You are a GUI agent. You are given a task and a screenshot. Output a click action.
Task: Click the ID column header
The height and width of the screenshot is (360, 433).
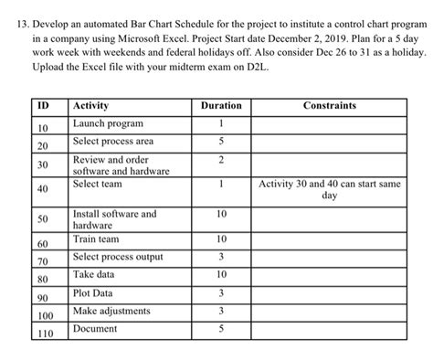[42, 106]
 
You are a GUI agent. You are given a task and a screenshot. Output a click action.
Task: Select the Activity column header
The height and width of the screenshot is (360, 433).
[90, 106]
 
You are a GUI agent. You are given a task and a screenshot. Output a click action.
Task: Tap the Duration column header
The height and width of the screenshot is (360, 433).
[221, 106]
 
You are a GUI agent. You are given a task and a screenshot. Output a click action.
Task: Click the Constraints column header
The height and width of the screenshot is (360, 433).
[330, 106]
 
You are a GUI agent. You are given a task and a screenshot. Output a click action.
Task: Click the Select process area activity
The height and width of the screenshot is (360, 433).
[112, 141]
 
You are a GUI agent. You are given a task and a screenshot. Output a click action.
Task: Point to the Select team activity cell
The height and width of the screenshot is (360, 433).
[97, 184]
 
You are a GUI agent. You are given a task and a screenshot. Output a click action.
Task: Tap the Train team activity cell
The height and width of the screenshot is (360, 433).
[96, 238]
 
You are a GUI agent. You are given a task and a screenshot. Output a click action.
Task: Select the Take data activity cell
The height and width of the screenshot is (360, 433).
[94, 273]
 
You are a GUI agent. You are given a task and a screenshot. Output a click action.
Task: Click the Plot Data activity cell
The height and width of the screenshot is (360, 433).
[93, 292]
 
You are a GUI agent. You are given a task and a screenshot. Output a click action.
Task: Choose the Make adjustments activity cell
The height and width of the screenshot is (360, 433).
[111, 311]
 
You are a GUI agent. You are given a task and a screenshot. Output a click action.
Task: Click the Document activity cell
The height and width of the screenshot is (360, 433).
[94, 328]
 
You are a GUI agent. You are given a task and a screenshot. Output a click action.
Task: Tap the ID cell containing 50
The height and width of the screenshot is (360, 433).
[42, 220]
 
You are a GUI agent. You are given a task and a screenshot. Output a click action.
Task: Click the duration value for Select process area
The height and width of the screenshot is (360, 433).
[221, 141]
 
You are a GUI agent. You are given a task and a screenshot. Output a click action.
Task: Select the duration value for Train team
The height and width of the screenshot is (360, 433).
[221, 238]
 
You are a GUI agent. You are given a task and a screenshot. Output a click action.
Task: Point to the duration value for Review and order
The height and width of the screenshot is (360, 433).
[221, 160]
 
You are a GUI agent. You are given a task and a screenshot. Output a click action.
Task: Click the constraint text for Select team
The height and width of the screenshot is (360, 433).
[330, 189]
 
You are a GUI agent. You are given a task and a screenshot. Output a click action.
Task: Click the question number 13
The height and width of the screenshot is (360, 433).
[16, 22]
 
